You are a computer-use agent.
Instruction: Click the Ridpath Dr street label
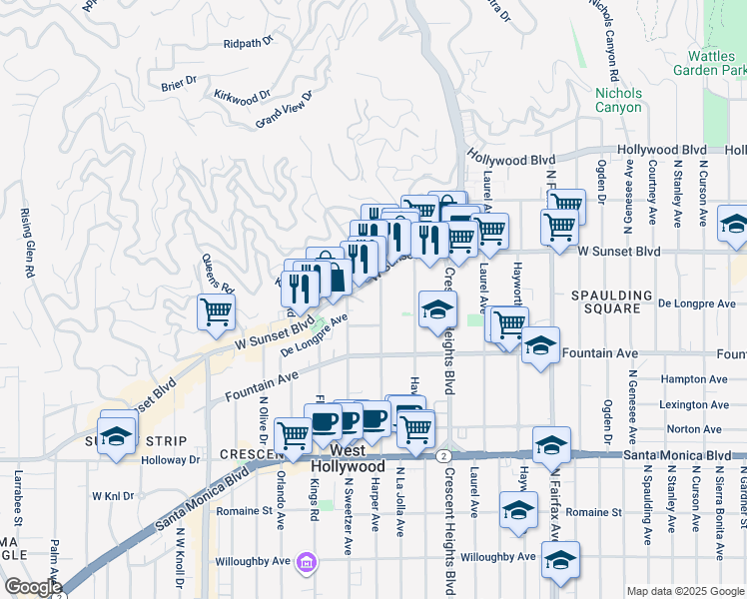pyautogui.click(x=248, y=44)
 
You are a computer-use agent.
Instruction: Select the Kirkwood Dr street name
pyautogui.click(x=243, y=96)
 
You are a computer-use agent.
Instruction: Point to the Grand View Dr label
pyautogui.click(x=284, y=109)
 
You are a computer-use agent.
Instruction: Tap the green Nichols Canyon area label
pyautogui.click(x=618, y=100)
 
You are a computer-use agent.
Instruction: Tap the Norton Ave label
pyautogui.click(x=699, y=429)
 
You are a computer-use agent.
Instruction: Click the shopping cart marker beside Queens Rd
pyautogui.click(x=216, y=312)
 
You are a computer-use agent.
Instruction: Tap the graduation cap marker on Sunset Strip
pyautogui.click(x=117, y=437)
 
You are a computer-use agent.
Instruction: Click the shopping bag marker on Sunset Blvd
pyautogui.click(x=332, y=274)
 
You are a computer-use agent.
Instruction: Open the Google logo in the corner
pyautogui.click(x=33, y=587)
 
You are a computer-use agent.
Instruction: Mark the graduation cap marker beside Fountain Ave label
pyautogui.click(x=540, y=346)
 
